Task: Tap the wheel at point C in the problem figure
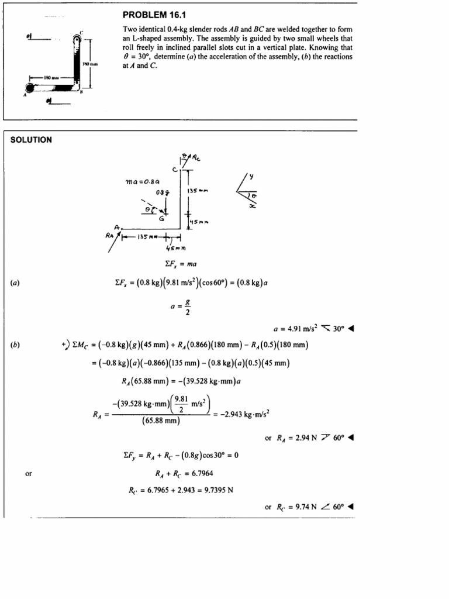point(77,39)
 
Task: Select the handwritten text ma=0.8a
point(143,182)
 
